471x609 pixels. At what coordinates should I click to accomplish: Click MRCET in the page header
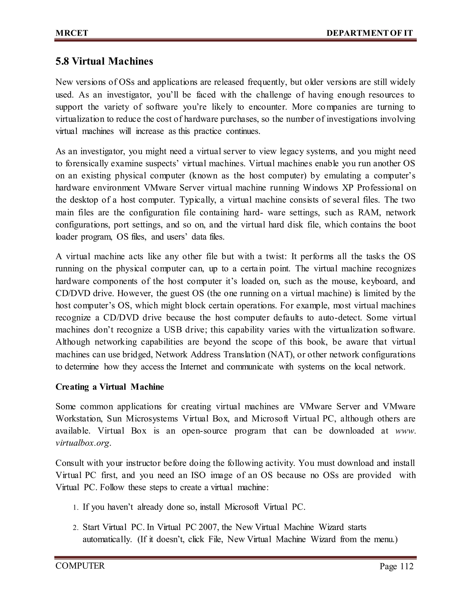(72, 33)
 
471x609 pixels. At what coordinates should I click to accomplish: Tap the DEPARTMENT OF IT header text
(369, 33)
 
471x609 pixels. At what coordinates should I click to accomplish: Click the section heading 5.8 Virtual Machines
(104, 61)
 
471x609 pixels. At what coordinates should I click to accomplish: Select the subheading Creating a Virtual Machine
(110, 387)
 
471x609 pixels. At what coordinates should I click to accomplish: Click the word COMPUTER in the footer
(80, 566)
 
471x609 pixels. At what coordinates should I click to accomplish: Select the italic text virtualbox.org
(83, 443)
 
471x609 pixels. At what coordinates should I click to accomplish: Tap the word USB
(173, 330)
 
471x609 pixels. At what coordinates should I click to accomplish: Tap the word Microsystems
(152, 418)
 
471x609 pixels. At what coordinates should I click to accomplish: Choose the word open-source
(204, 431)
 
